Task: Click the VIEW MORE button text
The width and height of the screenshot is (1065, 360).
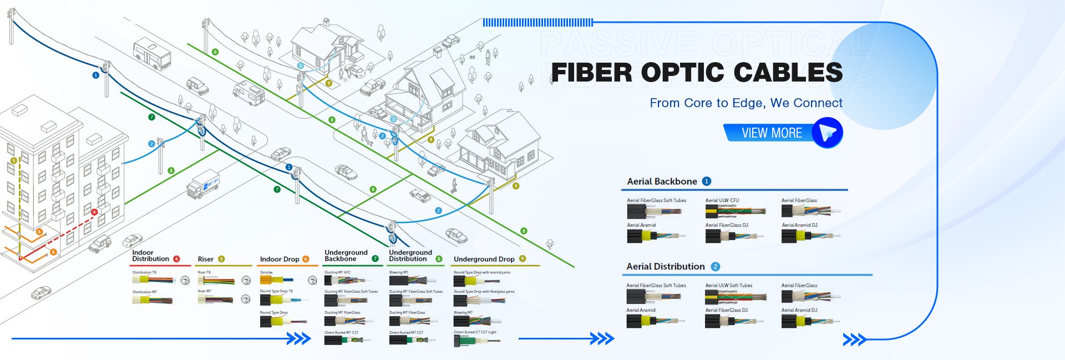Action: pos(772,133)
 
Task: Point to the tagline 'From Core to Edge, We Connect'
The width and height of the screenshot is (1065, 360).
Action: pos(745,103)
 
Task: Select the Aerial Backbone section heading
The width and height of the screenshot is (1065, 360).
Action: pos(662,181)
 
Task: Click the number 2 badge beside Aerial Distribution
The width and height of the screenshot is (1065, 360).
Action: pos(715,267)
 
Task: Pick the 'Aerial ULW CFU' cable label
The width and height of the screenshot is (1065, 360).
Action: pos(722,200)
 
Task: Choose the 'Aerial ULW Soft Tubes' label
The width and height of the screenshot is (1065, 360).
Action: pos(728,286)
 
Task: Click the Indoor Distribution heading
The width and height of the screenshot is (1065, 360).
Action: pos(150,256)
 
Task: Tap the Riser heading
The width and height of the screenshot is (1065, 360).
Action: pos(205,259)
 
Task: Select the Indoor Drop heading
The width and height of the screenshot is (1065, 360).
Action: pos(279,259)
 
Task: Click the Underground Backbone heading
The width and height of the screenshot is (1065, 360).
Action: pos(346,256)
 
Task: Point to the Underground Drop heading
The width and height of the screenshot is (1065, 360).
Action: pos(484,259)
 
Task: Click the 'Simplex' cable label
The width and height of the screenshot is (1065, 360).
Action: pos(266,272)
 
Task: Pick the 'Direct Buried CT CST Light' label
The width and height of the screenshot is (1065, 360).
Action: pos(475,332)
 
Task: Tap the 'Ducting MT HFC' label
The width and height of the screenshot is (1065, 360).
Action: pos(337,272)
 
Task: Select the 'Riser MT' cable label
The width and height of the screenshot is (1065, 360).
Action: pos(204,291)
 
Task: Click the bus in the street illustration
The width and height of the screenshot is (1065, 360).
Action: pos(151,53)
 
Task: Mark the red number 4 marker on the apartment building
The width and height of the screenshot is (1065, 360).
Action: pos(94,212)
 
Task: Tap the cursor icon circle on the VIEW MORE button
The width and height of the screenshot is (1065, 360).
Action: pos(827,133)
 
